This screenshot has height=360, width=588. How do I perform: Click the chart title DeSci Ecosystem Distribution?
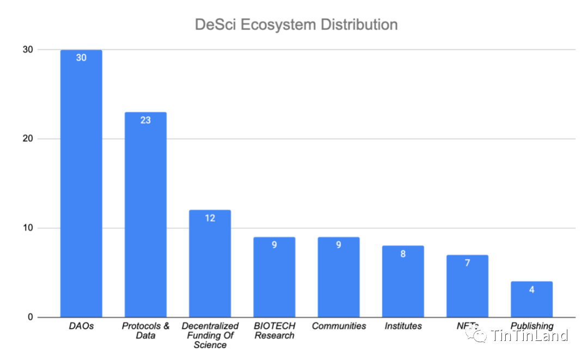pyautogui.click(x=296, y=25)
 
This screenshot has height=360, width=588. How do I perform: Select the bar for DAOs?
pyautogui.click(x=81, y=185)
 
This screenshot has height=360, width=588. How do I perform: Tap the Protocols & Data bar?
pyautogui.click(x=145, y=218)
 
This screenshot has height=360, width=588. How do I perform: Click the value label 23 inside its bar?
pyautogui.click(x=145, y=120)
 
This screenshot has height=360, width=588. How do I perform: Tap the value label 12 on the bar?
pyautogui.click(x=210, y=218)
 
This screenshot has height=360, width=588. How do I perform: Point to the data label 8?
pyautogui.click(x=403, y=254)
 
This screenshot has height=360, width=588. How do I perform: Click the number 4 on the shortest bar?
pyautogui.click(x=531, y=290)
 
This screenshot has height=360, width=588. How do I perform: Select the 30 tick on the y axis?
pyautogui.click(x=27, y=50)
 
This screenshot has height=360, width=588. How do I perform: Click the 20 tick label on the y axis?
pyautogui.click(x=27, y=139)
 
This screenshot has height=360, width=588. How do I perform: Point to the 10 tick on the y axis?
pyautogui.click(x=27, y=228)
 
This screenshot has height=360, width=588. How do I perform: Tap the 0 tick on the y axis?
pyautogui.click(x=30, y=318)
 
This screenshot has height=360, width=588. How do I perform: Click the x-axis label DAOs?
pyautogui.click(x=81, y=326)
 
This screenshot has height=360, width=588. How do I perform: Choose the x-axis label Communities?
pyautogui.click(x=339, y=326)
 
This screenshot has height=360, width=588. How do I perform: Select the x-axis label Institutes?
pyautogui.click(x=403, y=326)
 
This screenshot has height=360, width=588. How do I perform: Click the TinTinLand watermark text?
pyautogui.click(x=529, y=335)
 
